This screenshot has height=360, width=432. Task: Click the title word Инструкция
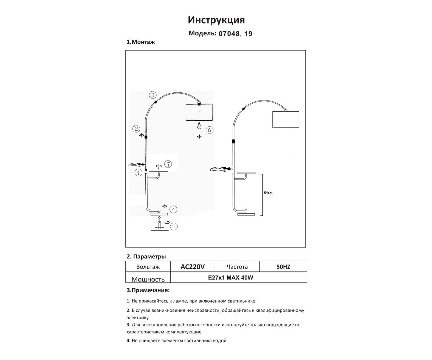click(x=216, y=20)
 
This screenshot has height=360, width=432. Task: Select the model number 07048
click(x=229, y=34)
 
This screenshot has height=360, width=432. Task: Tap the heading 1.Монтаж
click(x=140, y=42)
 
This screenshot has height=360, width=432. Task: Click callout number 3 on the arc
click(x=153, y=95)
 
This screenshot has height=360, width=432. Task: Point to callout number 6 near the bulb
click(x=209, y=130)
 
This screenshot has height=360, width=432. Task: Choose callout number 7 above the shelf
click(x=168, y=164)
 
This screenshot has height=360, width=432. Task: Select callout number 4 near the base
click(x=173, y=209)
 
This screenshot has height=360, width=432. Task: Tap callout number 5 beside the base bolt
click(x=174, y=226)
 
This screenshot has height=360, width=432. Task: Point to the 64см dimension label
click(x=268, y=193)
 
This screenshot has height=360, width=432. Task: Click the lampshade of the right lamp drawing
click(x=286, y=119)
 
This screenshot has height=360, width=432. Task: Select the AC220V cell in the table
click(x=192, y=267)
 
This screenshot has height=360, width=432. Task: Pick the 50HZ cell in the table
click(x=283, y=267)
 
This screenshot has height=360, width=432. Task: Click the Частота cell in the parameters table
click(x=237, y=267)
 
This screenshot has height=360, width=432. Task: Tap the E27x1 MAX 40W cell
click(x=230, y=277)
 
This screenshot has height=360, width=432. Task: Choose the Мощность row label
click(x=148, y=279)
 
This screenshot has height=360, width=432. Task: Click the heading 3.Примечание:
click(x=148, y=290)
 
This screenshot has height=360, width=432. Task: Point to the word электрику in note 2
click(x=138, y=318)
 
